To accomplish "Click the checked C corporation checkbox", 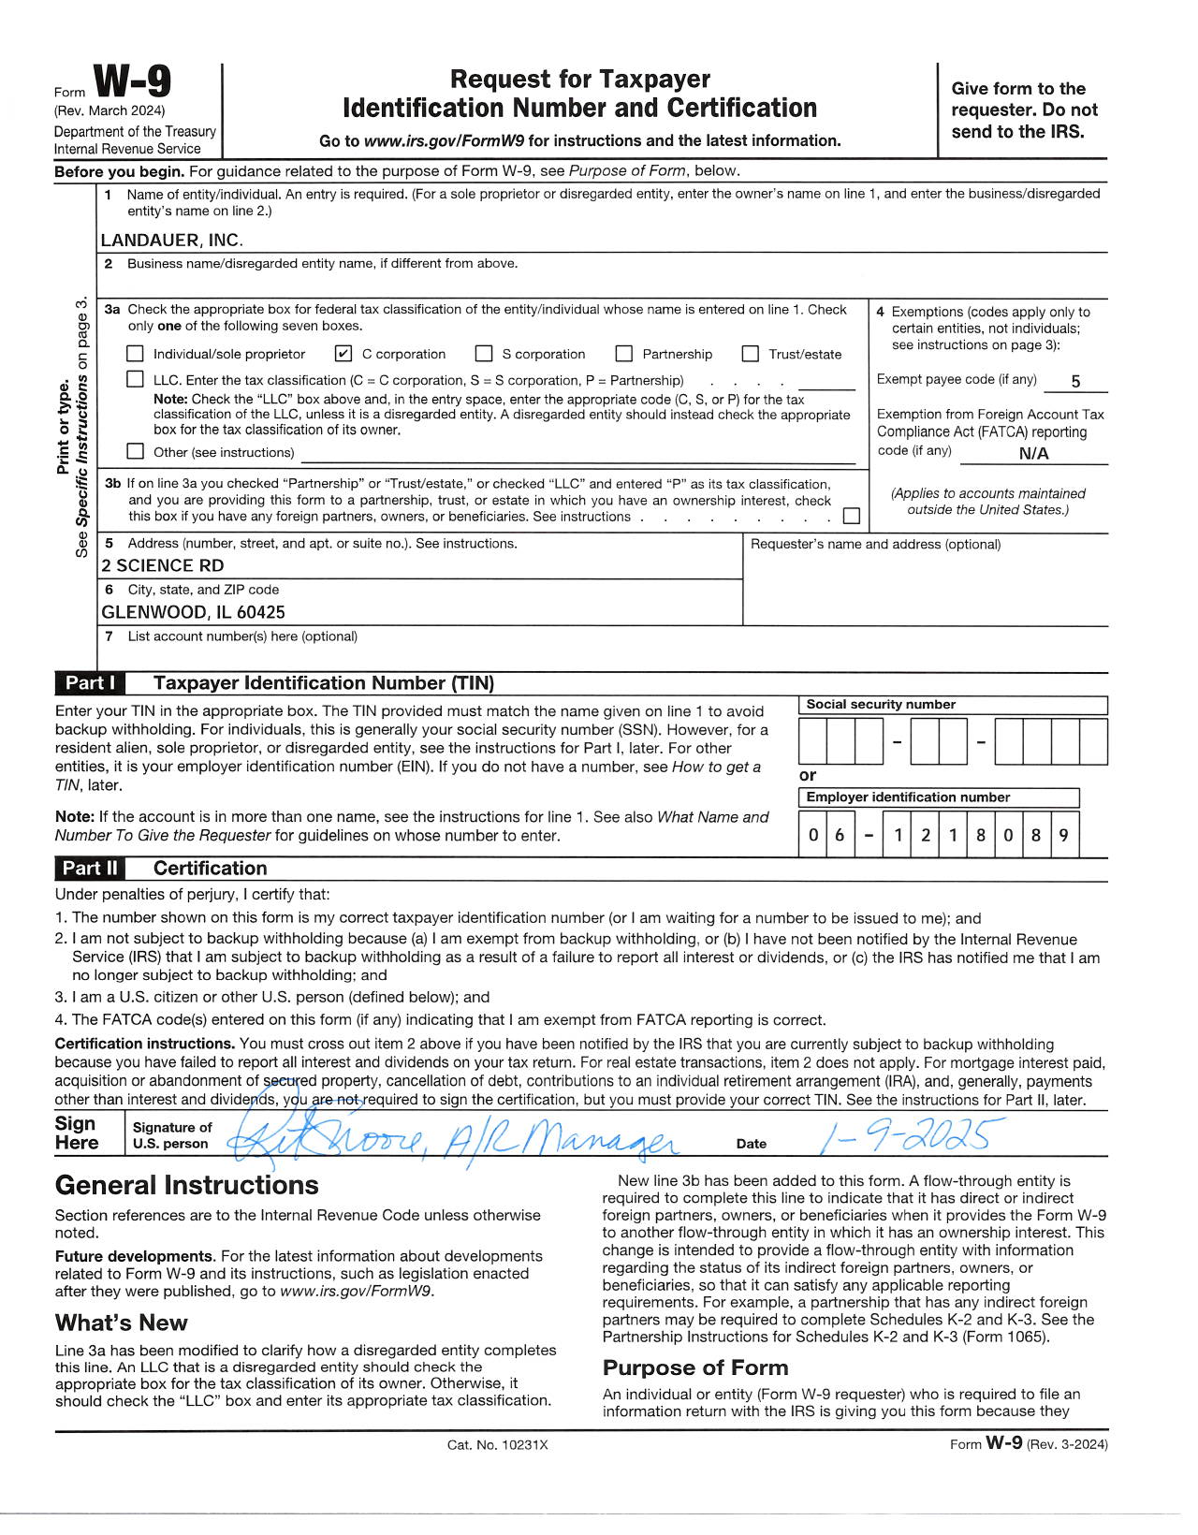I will point(343,354).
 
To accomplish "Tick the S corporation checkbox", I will point(484,354).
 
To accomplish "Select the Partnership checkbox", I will point(623,354).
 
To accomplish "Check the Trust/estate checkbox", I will point(750,354).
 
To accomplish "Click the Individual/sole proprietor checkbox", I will point(136,354).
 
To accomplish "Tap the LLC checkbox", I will point(136,379).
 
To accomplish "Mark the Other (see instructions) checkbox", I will point(136,451).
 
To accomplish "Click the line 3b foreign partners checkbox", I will point(852,516).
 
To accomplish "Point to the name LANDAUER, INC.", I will point(171,240).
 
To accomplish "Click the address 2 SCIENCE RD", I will point(163,565).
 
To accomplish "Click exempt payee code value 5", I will point(1075,381).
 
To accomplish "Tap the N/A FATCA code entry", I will point(1033,454).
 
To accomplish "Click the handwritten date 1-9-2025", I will point(904,1136).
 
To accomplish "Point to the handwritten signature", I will point(449,1139).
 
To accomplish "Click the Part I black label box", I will point(90,683).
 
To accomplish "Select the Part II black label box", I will point(90,869).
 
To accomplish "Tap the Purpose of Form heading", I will point(695,1367).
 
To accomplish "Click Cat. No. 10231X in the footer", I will point(497,1444).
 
